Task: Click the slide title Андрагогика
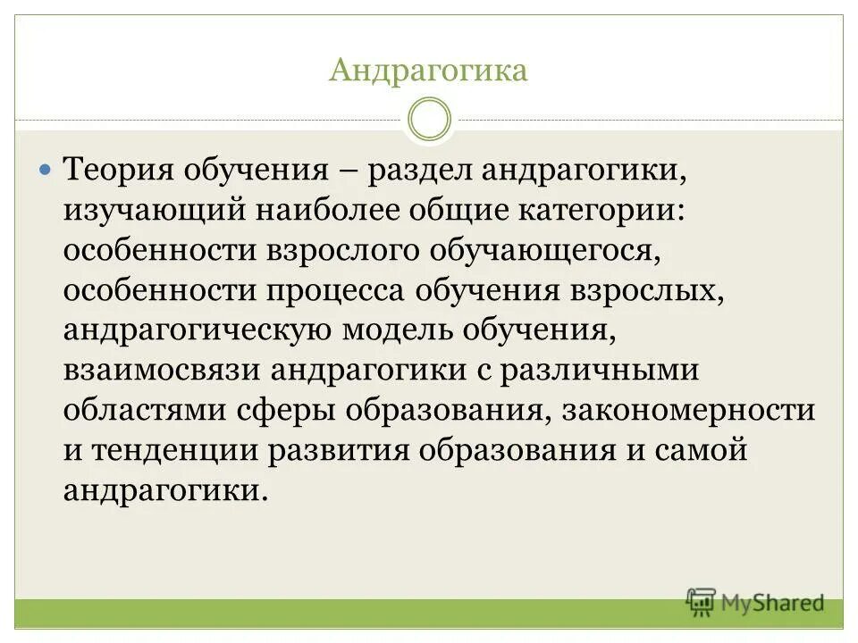tap(428, 71)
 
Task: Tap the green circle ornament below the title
tap(429, 120)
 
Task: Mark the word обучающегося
tap(544, 251)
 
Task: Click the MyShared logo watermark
tap(755, 603)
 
